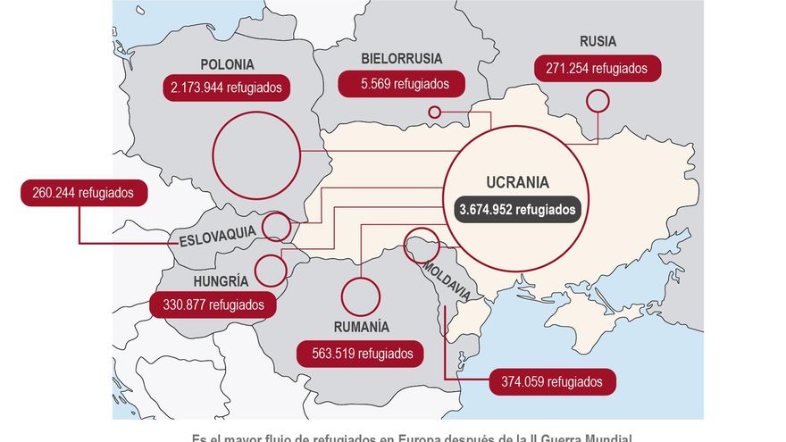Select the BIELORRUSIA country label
(x=401, y=59)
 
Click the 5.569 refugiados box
(x=402, y=85)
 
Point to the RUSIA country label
(x=598, y=41)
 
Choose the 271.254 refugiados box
(x=598, y=68)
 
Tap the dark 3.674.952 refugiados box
(x=518, y=210)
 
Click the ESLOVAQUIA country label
(x=217, y=238)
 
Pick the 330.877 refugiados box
(x=213, y=304)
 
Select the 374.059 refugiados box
(x=552, y=382)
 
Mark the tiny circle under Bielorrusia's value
(x=435, y=113)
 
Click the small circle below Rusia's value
(x=598, y=101)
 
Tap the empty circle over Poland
(x=257, y=156)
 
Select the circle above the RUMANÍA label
(x=361, y=296)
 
